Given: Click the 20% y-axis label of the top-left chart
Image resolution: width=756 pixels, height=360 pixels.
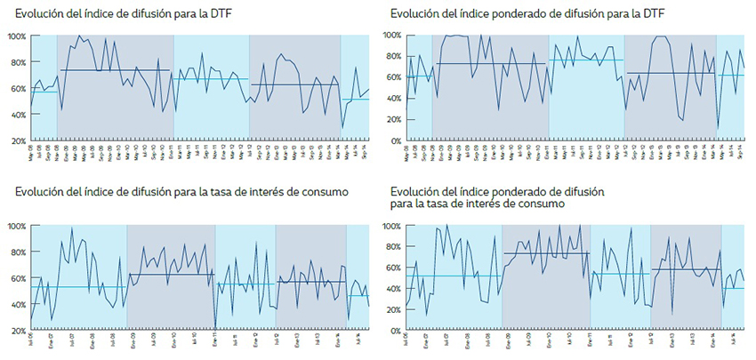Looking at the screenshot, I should click(18, 141).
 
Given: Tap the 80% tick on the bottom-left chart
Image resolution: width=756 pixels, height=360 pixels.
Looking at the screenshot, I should click(18, 252).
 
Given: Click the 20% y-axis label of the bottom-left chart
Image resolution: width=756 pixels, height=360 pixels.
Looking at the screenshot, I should click(18, 331).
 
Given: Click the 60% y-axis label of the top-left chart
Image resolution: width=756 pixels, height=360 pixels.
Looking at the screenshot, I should click(18, 89).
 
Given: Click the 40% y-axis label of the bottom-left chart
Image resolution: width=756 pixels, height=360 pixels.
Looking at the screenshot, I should click(18, 305).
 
